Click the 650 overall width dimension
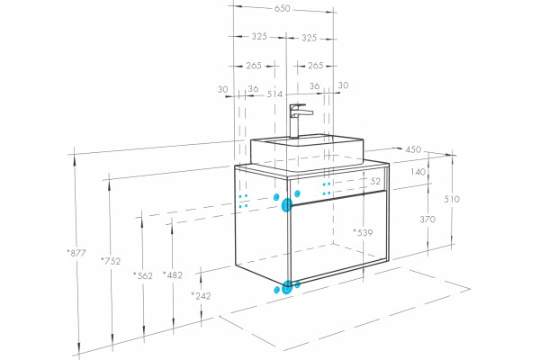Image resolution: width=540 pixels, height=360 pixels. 283,8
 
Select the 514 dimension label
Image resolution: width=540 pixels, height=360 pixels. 274,94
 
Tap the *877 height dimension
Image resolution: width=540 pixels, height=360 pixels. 76,253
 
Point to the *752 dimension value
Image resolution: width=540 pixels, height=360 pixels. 111,261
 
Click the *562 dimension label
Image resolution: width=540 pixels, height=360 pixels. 143,275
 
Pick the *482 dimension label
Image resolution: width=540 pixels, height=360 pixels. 173,274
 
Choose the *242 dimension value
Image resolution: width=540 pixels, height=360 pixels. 201,295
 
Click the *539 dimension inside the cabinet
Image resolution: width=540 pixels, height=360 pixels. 363,232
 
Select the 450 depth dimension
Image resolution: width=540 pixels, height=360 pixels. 413,149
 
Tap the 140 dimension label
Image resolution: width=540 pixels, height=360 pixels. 418,172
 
